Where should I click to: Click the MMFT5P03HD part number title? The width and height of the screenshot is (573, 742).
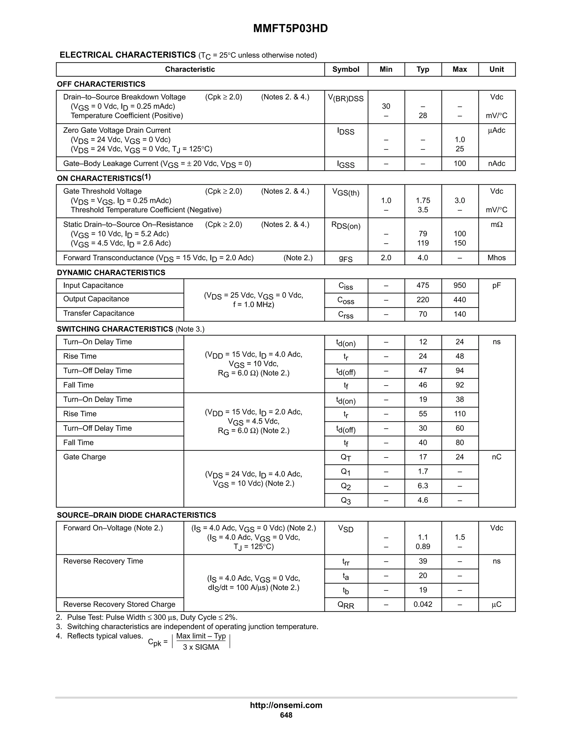[x=290, y=29]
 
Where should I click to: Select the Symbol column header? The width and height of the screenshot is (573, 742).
[x=346, y=69]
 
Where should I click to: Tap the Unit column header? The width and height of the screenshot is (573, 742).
[x=496, y=69]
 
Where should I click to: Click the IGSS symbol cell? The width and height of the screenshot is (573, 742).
[x=346, y=164]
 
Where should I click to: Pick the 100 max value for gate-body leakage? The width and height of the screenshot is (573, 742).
[x=460, y=164]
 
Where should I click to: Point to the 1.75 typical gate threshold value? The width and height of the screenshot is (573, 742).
[x=423, y=200]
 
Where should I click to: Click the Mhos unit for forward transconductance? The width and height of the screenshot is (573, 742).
[x=496, y=258]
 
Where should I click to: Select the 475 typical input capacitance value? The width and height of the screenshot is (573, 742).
[x=423, y=285]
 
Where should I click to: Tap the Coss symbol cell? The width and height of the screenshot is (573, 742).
[x=346, y=300]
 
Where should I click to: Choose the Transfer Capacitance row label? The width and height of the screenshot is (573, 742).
[x=98, y=313]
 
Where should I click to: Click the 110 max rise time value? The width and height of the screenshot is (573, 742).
[x=460, y=414]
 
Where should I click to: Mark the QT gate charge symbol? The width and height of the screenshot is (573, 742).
[x=346, y=458]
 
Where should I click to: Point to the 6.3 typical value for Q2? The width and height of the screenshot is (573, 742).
[x=423, y=486]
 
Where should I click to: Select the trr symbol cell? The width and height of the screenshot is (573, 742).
[x=346, y=562]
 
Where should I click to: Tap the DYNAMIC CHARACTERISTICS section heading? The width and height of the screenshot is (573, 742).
[x=111, y=272]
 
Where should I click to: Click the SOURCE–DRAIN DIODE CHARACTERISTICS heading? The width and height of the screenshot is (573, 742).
[x=136, y=515]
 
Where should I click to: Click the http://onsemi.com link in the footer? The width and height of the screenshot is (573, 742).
[x=286, y=705]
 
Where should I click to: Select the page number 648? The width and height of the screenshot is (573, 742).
[x=286, y=715]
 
